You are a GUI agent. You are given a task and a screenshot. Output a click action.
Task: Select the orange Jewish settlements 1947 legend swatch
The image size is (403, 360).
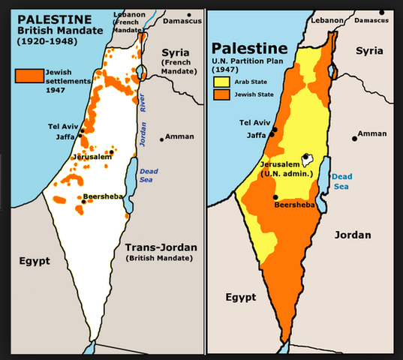pos(29,76)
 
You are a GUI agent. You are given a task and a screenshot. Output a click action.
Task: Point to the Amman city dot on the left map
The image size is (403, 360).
pos(161,139)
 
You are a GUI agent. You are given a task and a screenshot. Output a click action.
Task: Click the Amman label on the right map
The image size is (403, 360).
pos(373,133)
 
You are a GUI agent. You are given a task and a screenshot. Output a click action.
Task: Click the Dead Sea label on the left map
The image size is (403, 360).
pos(149,175)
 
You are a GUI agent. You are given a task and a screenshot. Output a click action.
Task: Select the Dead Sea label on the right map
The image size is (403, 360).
pos(341,180)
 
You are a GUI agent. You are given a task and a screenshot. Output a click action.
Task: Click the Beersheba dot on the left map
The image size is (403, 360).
pos(83,201)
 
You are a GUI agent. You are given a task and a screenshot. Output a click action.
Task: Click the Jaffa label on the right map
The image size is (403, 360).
pos(256,136)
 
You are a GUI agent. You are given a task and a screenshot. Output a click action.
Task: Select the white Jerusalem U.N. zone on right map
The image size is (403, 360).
pos(306,159)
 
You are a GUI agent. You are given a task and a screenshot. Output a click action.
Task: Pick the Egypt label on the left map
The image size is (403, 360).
pos(35,261)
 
